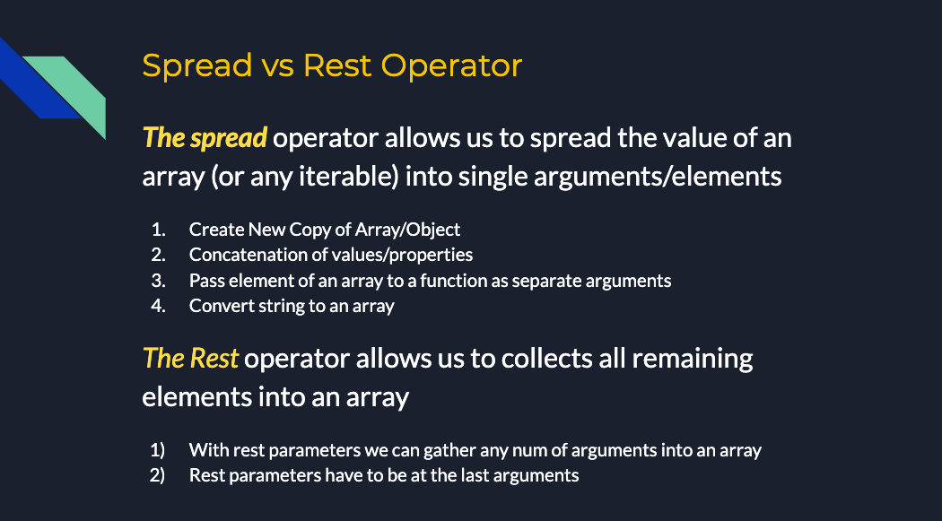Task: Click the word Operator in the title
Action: tap(451, 66)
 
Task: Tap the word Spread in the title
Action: tap(197, 66)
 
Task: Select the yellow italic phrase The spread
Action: tap(205, 139)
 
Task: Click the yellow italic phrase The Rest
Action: tap(190, 359)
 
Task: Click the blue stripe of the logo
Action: tap(36, 81)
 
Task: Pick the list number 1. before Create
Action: tap(158, 230)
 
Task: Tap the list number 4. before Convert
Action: tap(158, 306)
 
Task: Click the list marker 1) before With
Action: tap(157, 450)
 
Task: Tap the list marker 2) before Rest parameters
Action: tap(157, 475)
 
